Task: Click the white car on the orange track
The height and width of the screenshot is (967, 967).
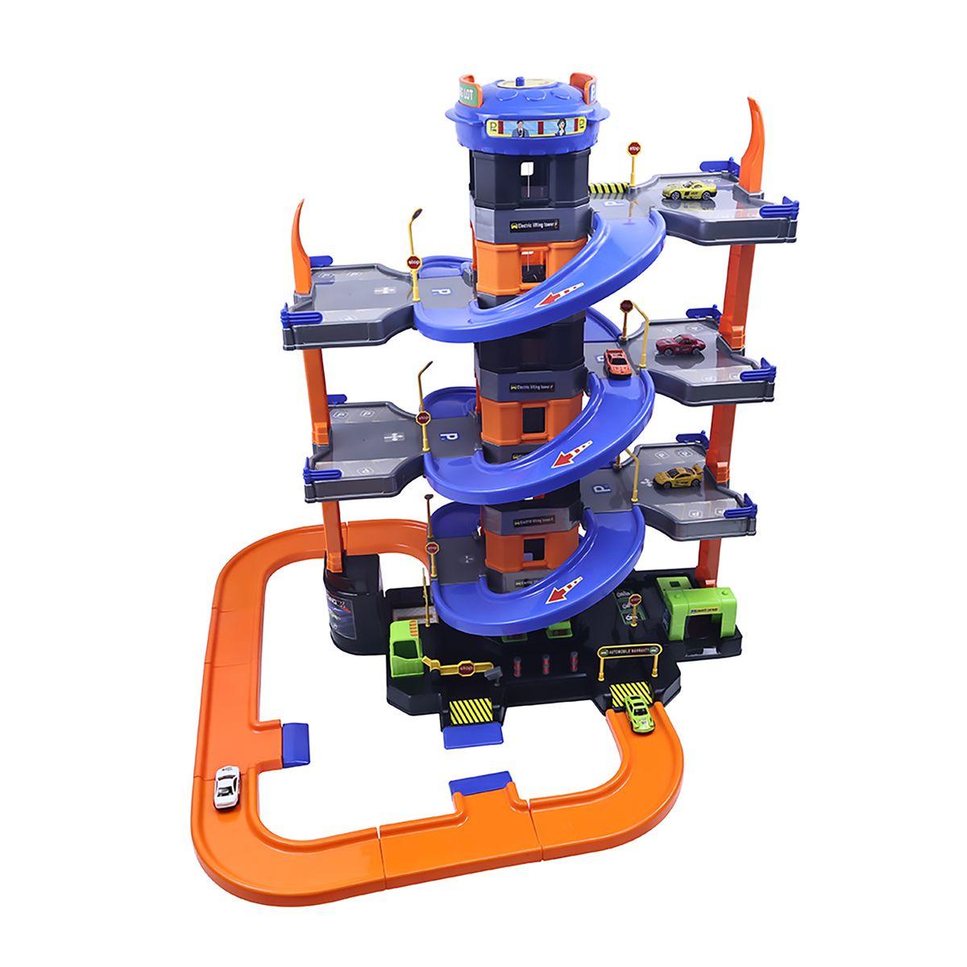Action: point(226,786)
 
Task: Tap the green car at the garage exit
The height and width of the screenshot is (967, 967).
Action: point(639,712)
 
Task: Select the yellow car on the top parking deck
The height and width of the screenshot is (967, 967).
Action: point(689,190)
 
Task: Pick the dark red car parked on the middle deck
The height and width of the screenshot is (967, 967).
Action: point(680,345)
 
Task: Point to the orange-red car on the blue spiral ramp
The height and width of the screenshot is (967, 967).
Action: point(617,362)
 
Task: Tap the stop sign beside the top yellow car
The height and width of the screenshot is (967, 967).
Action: point(634,148)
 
